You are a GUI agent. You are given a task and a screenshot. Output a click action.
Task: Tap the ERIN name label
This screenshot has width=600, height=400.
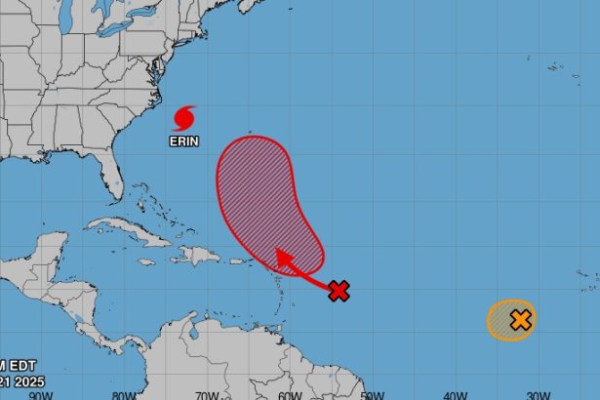(x=183, y=140)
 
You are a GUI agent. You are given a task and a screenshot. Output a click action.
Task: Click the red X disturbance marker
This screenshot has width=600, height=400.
(x=340, y=290)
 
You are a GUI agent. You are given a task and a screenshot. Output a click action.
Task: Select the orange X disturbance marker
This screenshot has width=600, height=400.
(x=520, y=319)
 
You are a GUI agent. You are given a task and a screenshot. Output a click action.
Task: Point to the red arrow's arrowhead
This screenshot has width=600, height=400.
(x=282, y=257)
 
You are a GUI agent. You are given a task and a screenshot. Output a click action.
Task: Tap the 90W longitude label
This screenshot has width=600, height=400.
(x=39, y=394)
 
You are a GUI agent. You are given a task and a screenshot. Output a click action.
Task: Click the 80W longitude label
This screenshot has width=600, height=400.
(x=123, y=394)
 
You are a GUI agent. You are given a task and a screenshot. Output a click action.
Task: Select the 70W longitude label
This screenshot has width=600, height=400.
(x=206, y=394)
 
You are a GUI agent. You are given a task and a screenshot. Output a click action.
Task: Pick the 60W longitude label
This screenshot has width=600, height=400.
(x=289, y=394)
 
